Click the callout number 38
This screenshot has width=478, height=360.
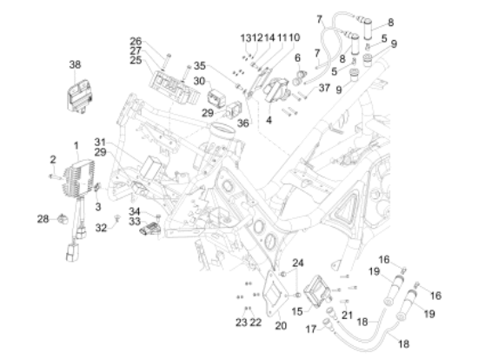[x=75, y=64]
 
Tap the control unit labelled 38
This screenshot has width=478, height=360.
[x=80, y=97]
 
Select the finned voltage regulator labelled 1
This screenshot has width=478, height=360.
[x=79, y=178]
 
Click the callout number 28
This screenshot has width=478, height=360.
[x=43, y=219]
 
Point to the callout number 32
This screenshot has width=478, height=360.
[x=101, y=228]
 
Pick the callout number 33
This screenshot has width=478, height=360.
[x=135, y=222]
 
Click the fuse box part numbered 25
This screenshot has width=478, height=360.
[x=174, y=86]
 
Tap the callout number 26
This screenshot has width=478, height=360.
[x=136, y=41]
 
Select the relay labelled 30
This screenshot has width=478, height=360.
[x=216, y=97]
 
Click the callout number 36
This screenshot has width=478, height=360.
[x=243, y=123]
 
